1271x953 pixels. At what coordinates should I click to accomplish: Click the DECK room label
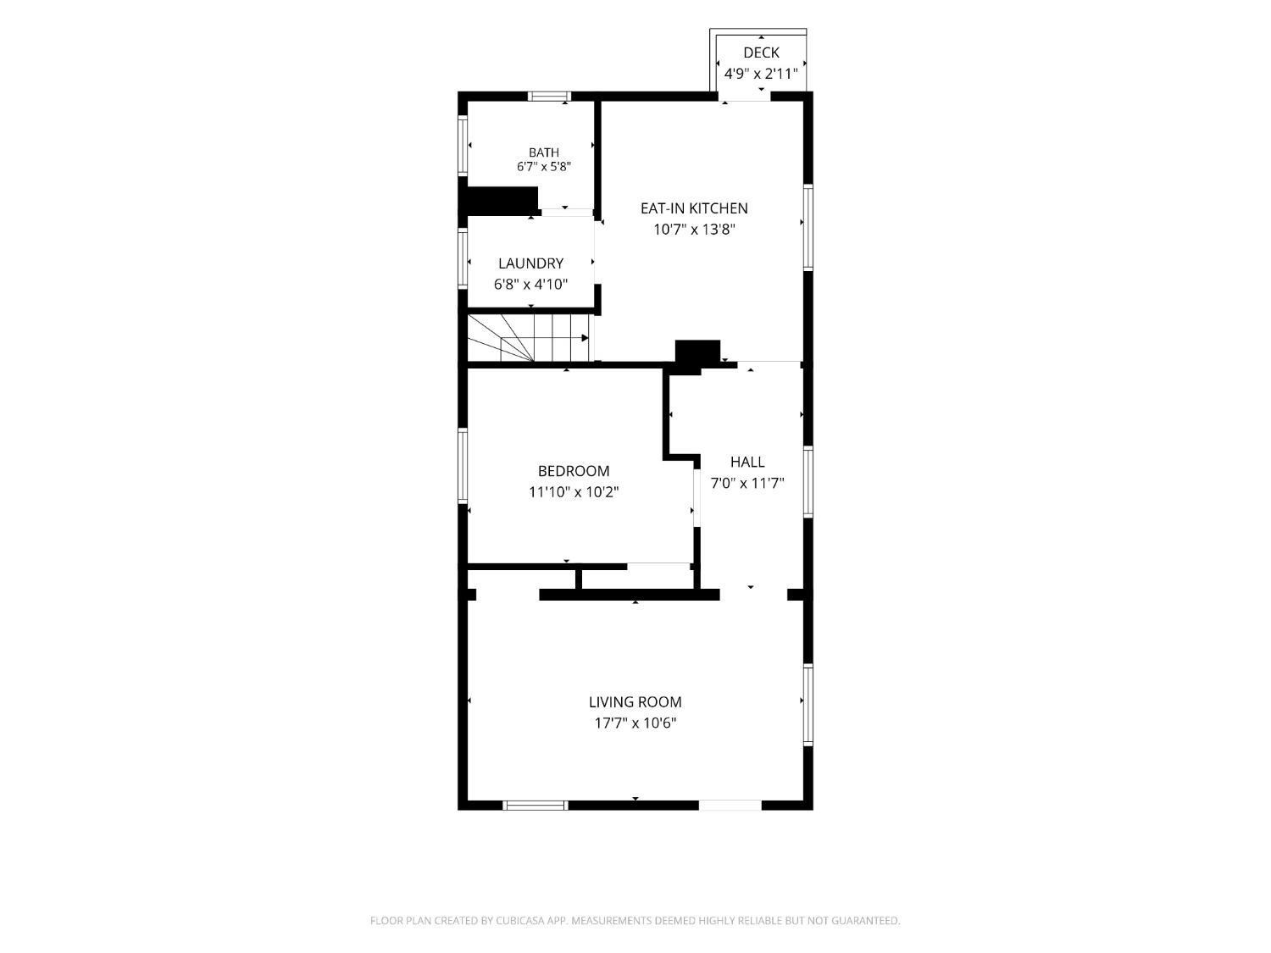coord(760,53)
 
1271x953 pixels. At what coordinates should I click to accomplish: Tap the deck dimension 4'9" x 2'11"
coord(760,74)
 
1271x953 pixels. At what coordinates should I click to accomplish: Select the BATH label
coord(544,152)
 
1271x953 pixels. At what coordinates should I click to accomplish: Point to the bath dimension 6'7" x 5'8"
coord(544,167)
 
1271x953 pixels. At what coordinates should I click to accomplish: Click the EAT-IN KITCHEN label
coord(694,208)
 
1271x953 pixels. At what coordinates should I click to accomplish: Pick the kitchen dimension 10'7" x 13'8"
coord(694,230)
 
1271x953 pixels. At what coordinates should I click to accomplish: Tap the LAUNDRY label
coord(530,263)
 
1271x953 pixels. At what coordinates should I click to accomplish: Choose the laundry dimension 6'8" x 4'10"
coord(530,285)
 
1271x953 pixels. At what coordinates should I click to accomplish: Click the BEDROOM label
coord(574,471)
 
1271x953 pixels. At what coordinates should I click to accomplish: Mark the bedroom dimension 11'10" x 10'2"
coord(574,492)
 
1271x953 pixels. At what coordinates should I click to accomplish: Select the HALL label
coord(747,462)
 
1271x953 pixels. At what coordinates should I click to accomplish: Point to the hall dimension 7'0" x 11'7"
coord(747,483)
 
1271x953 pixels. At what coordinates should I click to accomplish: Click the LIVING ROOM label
coord(635,702)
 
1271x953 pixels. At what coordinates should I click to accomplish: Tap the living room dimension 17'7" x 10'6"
coord(635,723)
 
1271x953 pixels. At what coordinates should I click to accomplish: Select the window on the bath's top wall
coord(549,97)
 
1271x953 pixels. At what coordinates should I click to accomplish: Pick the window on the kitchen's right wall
coord(808,227)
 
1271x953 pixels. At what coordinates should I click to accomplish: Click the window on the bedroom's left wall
coord(463,465)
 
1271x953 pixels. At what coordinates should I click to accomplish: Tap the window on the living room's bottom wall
coord(535,805)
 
